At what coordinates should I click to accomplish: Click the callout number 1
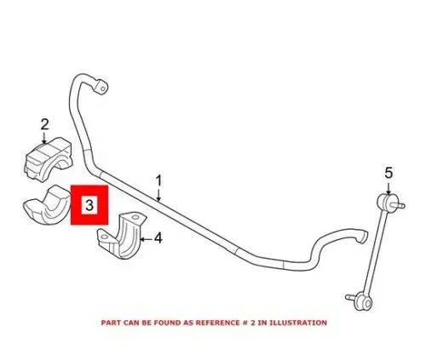pos(158,181)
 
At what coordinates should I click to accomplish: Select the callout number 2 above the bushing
pos(45,124)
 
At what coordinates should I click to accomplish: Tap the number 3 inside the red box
pos(89,205)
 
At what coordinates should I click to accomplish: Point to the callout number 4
pos(158,237)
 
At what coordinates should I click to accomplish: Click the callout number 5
pos(389,173)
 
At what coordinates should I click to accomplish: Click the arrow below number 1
pos(158,195)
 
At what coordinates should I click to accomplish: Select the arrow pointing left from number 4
pos(147,239)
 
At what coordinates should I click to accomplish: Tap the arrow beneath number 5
pos(389,187)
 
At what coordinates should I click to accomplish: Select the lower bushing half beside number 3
pos(47,204)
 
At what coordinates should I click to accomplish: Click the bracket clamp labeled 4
pos(122,235)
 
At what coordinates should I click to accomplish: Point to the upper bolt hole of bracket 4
pos(135,218)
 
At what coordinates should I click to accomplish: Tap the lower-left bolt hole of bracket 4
pos(104,237)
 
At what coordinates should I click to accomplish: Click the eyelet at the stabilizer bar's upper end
pos(101,86)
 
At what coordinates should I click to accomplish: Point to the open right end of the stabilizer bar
pos(363,237)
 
